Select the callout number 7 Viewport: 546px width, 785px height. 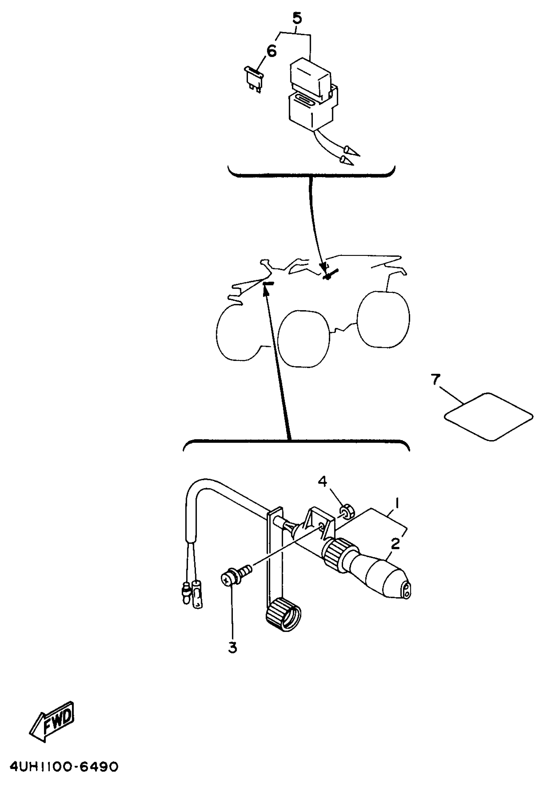[435, 380]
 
